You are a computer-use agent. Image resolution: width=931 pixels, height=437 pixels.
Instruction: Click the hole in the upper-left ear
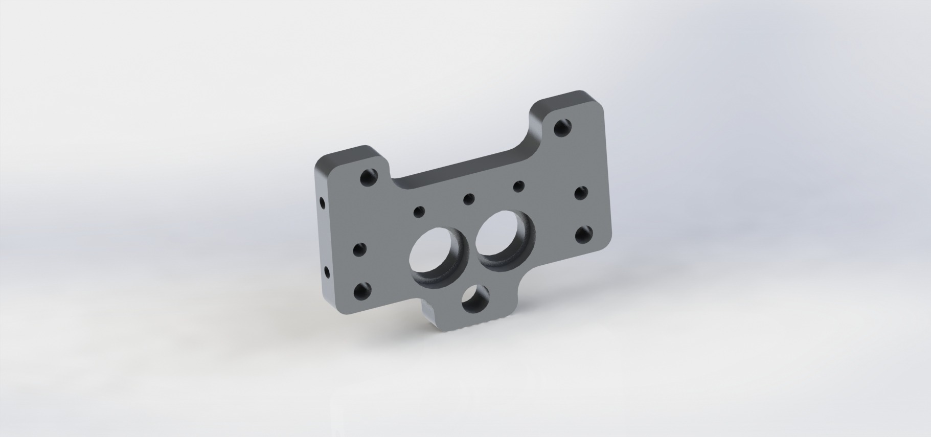(x=368, y=178)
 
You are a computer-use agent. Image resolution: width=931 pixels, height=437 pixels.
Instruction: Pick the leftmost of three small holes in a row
(x=419, y=211)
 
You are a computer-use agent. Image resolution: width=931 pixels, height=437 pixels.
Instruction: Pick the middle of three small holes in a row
(x=468, y=198)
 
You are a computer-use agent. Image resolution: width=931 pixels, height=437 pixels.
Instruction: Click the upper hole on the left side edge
(x=322, y=203)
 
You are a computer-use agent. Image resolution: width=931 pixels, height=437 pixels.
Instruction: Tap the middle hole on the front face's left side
(x=361, y=250)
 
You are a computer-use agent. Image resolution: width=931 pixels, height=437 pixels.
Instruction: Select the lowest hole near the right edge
(x=583, y=235)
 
